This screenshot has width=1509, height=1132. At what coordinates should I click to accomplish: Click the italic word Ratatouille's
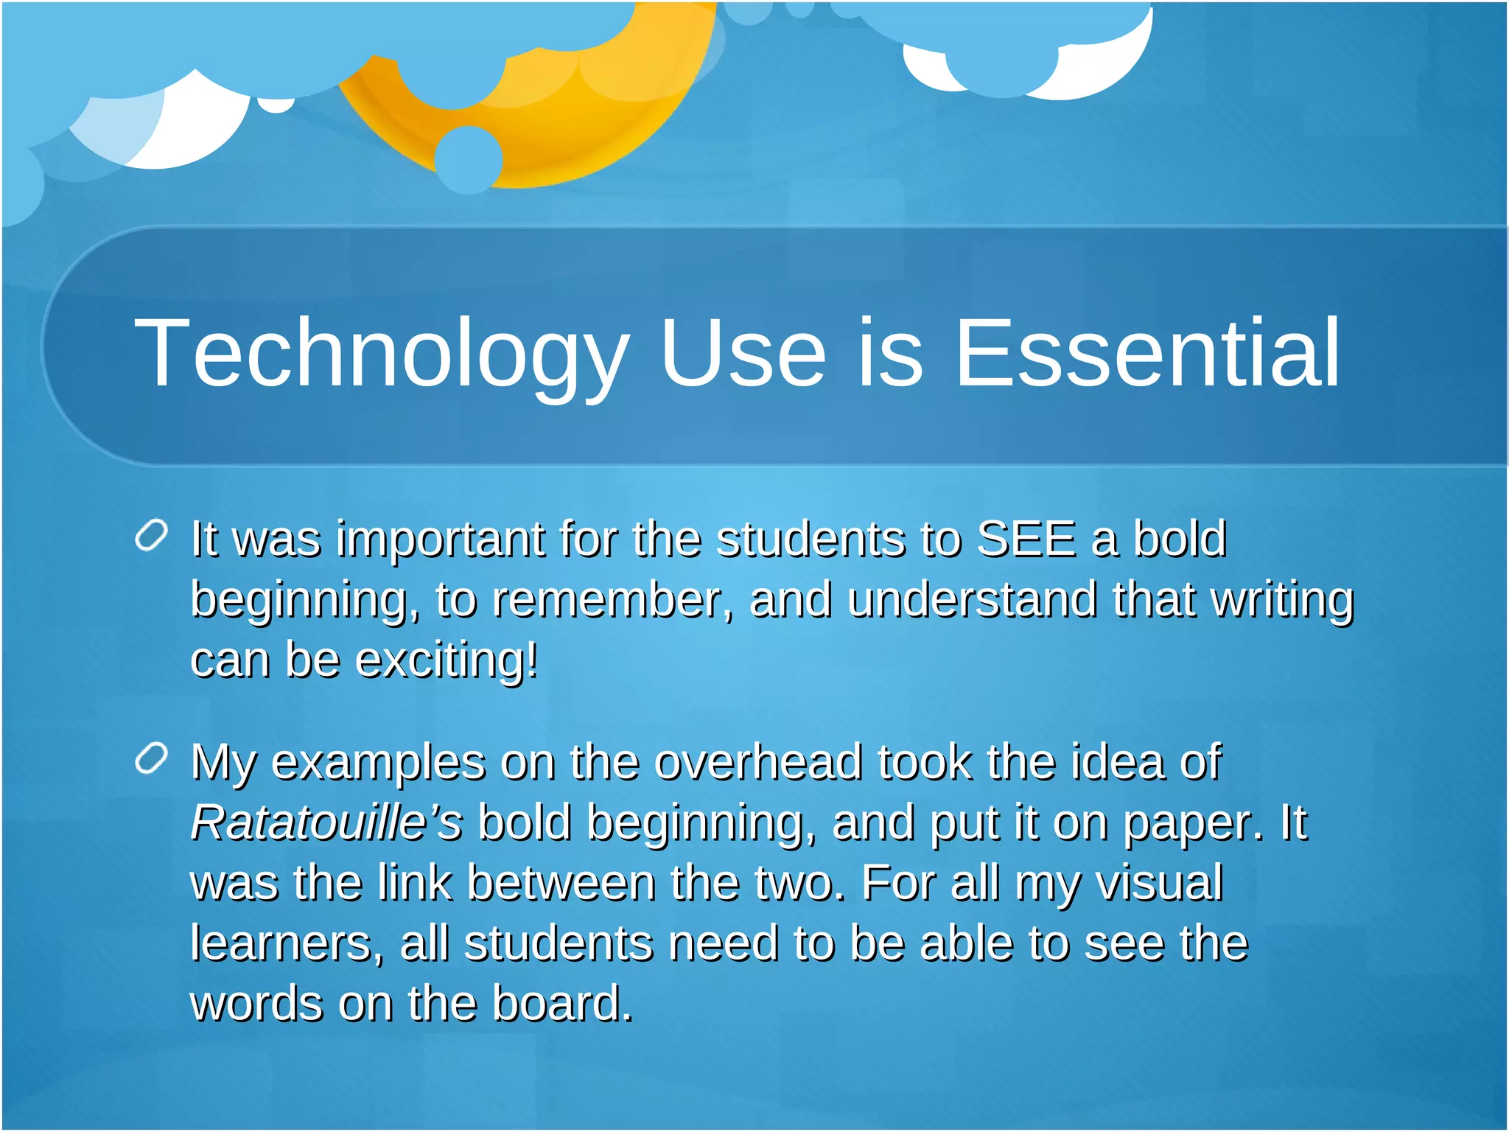(326, 822)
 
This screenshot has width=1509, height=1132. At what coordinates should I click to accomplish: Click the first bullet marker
(152, 536)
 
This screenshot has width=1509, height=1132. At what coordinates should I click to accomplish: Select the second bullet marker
(152, 759)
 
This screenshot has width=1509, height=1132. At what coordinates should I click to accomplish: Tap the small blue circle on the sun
(469, 160)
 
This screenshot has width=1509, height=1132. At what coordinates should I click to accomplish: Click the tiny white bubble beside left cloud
(276, 105)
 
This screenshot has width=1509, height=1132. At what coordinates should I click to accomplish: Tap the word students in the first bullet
(810, 539)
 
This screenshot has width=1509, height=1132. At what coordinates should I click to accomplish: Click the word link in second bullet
(414, 882)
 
